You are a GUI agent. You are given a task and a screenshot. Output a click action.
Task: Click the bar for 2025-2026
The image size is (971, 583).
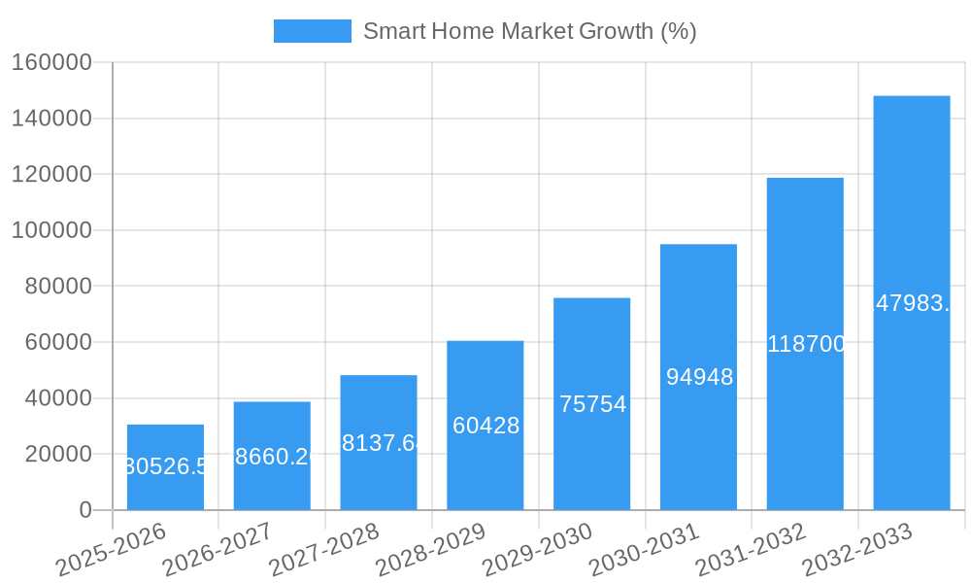coord(165,467)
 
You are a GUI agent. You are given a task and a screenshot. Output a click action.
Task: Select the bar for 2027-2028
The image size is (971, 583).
coord(379,442)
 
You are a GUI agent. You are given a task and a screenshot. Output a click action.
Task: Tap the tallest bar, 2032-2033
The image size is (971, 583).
coord(911,302)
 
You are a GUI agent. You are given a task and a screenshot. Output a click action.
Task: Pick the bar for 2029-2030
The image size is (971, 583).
coord(591,403)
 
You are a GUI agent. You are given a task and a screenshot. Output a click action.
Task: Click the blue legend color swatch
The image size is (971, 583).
coord(312,31)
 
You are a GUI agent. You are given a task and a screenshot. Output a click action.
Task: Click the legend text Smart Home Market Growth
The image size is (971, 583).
coord(529,31)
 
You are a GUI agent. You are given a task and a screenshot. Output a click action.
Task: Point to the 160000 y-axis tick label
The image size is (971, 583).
coord(51,63)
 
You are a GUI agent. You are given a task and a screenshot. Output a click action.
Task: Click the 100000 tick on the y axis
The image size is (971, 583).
coord(51,231)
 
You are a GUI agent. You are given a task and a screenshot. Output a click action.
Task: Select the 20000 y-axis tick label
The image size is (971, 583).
coord(57,454)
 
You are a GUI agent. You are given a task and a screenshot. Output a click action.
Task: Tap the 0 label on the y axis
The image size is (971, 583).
coord(85,510)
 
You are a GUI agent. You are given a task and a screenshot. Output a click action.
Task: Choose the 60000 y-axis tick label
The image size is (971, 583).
coord(57,342)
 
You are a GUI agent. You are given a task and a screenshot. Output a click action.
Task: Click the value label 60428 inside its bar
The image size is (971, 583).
coord(485,426)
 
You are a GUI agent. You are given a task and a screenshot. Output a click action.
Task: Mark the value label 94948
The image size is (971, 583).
coord(699,377)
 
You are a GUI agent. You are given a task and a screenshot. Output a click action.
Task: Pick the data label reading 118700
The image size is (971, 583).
coord(806,344)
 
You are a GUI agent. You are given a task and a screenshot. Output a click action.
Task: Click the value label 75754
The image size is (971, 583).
coord(592,404)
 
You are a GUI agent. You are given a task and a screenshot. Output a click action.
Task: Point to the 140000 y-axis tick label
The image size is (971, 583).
coord(51,119)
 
